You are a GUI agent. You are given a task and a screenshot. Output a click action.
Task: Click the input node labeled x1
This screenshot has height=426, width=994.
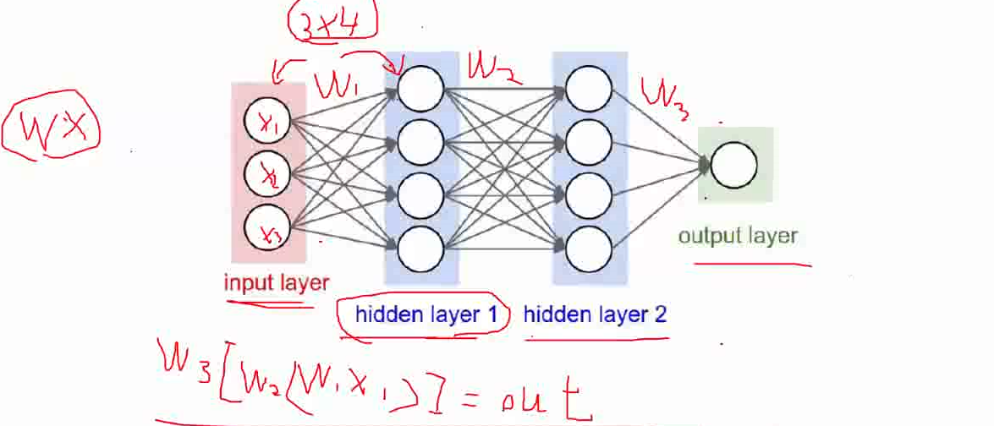(x=266, y=124)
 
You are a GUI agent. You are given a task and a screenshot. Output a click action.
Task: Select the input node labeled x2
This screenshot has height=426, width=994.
(x=266, y=175)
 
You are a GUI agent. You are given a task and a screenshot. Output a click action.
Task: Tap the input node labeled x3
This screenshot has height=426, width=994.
(x=266, y=227)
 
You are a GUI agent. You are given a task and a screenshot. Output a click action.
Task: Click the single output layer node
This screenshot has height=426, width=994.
(x=733, y=165)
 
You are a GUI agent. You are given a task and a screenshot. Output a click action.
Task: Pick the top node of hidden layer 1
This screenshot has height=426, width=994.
(x=420, y=88)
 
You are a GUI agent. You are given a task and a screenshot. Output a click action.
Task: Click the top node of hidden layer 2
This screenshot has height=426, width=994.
(x=589, y=88)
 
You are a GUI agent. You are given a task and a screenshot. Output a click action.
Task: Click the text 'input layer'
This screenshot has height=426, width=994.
(x=276, y=283)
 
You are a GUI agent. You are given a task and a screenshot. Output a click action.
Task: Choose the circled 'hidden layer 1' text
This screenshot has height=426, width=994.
(x=426, y=315)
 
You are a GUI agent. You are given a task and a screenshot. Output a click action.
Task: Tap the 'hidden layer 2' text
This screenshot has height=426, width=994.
(x=595, y=315)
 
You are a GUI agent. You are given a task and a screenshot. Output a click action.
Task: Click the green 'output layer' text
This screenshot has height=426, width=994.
(x=737, y=235)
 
